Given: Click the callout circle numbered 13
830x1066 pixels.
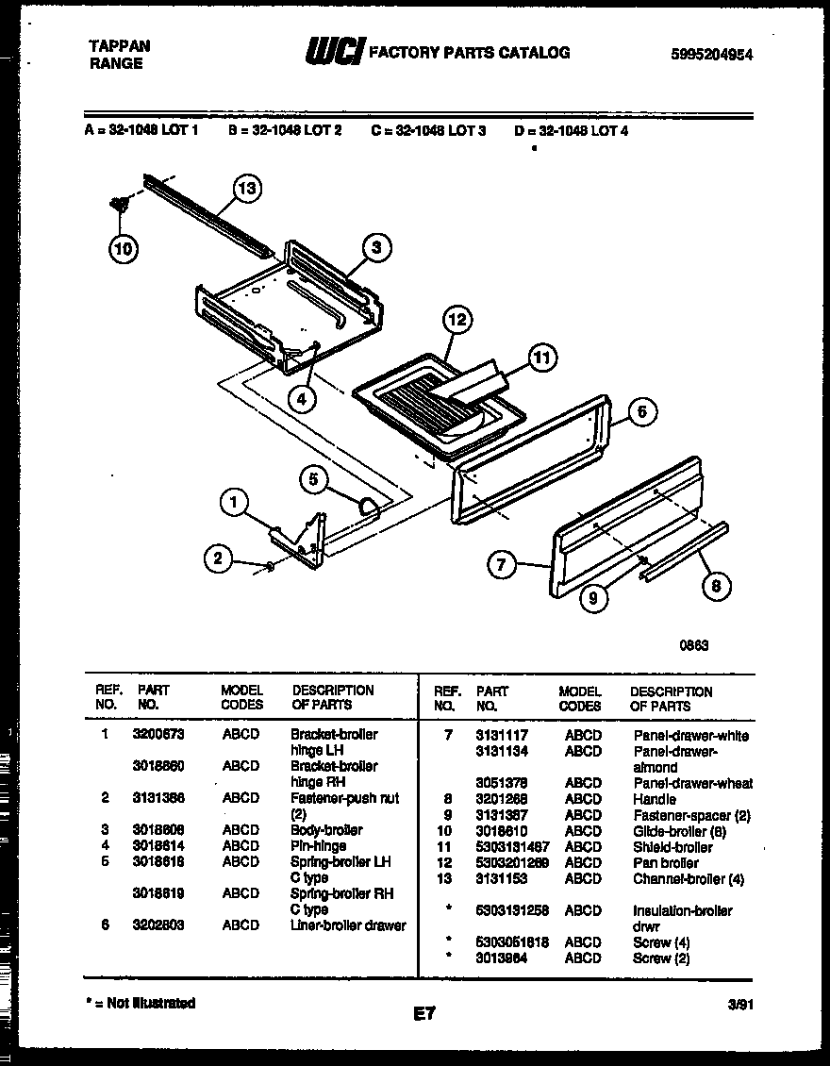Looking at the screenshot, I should pos(246,190).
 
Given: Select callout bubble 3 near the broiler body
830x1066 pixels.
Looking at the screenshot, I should pos(375,248).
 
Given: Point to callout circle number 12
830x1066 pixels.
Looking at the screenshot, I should pos(456,320).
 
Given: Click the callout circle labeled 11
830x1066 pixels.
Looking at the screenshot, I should pos(541,358).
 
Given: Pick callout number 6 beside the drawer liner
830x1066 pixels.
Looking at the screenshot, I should pos(641,411).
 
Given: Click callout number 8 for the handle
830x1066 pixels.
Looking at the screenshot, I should pos(717,585).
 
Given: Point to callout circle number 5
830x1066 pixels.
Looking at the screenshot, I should pos(313,479).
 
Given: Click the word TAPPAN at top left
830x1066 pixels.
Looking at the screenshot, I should pos(119,45).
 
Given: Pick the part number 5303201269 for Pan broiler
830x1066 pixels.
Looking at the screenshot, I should pos(512,862).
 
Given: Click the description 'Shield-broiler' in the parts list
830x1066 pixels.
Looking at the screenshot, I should pos(672,847).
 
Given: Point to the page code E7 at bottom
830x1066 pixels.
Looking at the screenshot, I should pos(424,1014).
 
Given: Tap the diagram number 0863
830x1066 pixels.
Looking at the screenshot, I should pos(693,645).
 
